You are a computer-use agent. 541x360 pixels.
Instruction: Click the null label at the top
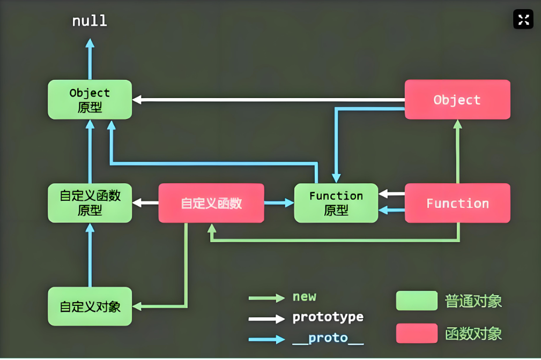(90, 21)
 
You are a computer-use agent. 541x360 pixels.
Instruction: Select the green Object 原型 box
(90, 100)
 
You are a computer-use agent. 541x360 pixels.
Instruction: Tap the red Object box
(457, 100)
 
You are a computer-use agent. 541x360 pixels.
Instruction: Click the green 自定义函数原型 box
(90, 203)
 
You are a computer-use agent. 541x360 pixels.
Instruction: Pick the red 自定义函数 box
(211, 203)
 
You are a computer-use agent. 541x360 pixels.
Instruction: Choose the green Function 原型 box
(336, 203)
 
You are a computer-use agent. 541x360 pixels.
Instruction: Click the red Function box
(457, 203)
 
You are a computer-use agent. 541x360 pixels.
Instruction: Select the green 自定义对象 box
(90, 306)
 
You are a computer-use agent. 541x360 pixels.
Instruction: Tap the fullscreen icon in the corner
(523, 20)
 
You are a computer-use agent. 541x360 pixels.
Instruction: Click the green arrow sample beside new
(266, 298)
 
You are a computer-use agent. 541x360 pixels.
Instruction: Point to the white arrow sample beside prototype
(266, 318)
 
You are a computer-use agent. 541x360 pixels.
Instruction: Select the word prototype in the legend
(328, 317)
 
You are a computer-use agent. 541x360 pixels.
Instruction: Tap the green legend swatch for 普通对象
(417, 301)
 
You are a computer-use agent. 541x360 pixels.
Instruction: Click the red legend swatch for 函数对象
(417, 333)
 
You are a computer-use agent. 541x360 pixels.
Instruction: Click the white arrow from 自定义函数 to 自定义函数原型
(145, 203)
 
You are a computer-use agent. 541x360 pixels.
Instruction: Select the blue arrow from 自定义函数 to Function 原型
(279, 203)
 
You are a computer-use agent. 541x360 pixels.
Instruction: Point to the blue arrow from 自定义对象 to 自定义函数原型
(90, 255)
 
